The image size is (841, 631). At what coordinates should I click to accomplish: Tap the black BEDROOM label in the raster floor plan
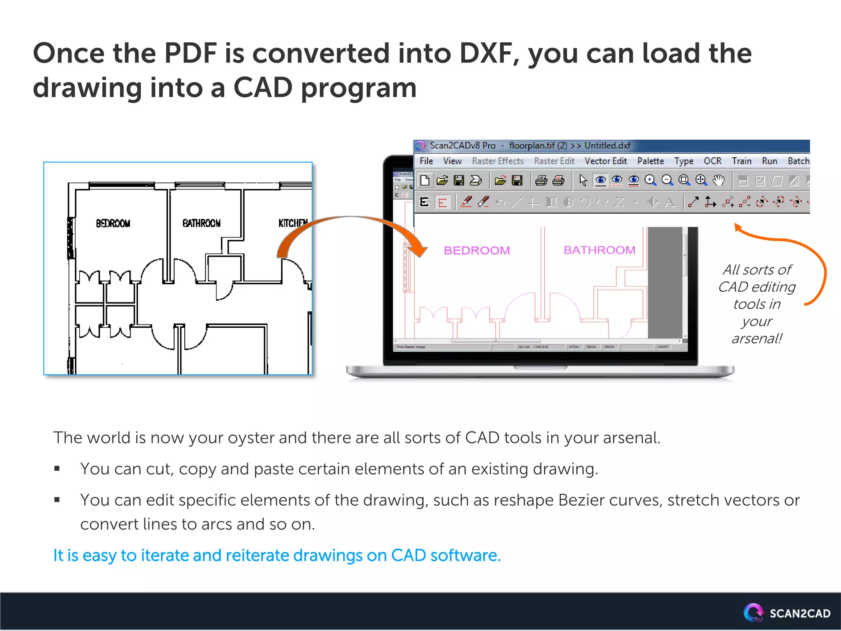tap(113, 223)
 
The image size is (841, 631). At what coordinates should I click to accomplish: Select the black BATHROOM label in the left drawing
tap(201, 223)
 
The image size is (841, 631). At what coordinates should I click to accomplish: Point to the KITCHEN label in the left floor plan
tap(292, 223)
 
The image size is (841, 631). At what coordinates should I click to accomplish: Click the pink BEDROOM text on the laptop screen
tap(477, 250)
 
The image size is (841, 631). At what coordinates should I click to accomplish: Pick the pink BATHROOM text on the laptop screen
tap(599, 250)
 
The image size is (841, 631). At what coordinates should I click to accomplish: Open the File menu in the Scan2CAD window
tap(426, 161)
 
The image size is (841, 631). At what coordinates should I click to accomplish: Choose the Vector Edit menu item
tap(606, 161)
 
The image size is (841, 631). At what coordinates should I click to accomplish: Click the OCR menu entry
tap(712, 161)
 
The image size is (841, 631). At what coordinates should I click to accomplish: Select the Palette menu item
tap(650, 161)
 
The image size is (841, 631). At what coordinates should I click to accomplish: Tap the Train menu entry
tap(741, 161)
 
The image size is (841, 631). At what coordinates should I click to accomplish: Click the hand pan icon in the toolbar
tap(718, 180)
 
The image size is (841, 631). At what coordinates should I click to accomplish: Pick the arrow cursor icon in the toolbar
tap(583, 180)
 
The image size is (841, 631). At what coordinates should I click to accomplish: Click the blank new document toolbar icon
tap(425, 180)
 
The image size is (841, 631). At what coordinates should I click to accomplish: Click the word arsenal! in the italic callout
tap(756, 339)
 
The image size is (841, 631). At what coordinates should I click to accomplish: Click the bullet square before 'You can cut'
tap(57, 469)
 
